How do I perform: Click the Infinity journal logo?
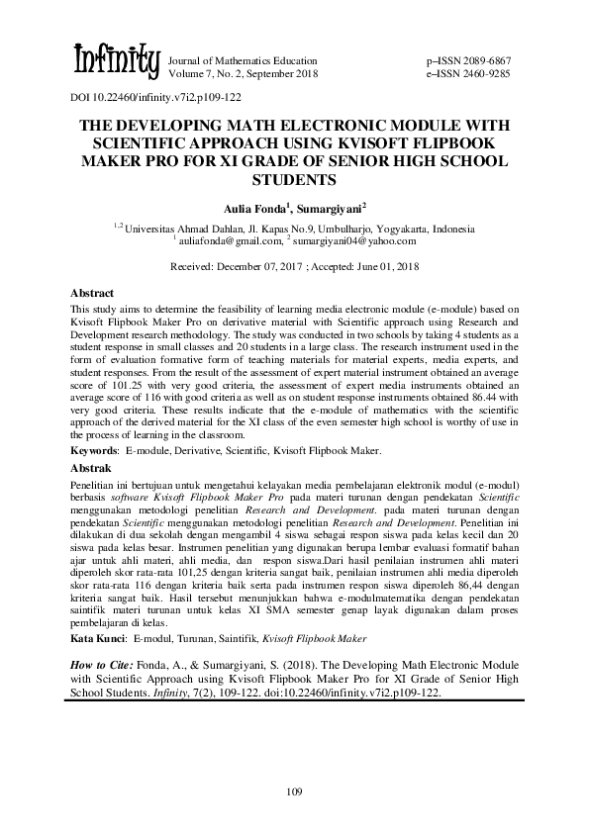tap(116, 61)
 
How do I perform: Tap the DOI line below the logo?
tap(156, 98)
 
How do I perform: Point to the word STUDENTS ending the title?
tap(294, 180)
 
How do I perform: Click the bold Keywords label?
tap(94, 450)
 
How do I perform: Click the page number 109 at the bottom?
tap(293, 790)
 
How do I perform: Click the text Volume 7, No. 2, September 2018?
tap(245, 73)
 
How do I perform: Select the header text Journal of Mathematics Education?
tap(245, 60)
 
